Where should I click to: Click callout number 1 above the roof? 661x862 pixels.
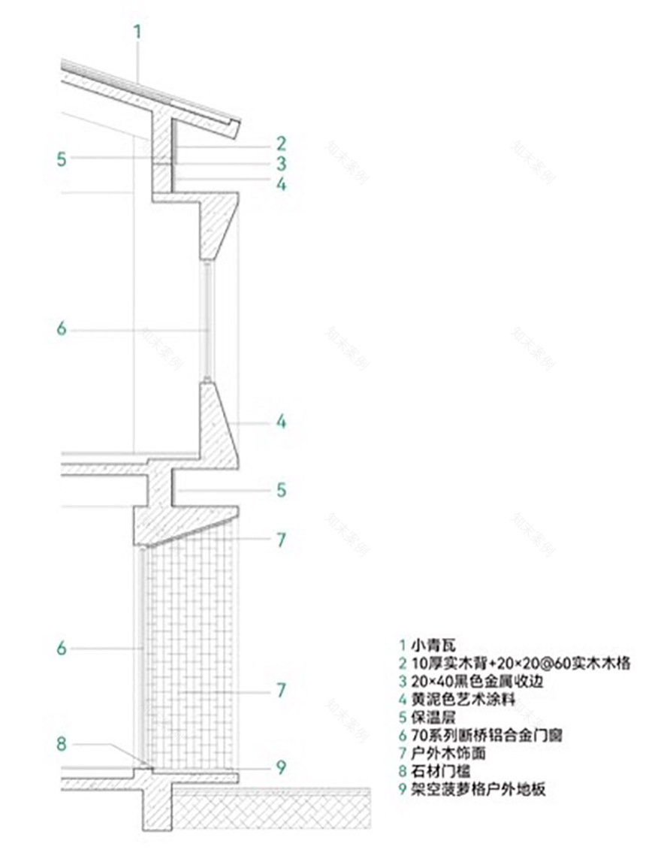[137, 32]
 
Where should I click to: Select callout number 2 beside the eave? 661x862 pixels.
[280, 143]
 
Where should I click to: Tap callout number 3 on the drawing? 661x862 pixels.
[280, 163]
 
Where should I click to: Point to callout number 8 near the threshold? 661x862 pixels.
[62, 744]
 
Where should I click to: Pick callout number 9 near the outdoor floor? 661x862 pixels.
[280, 767]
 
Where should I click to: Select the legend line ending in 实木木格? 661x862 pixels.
[518, 663]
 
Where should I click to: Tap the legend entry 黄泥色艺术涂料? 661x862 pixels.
[473, 699]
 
